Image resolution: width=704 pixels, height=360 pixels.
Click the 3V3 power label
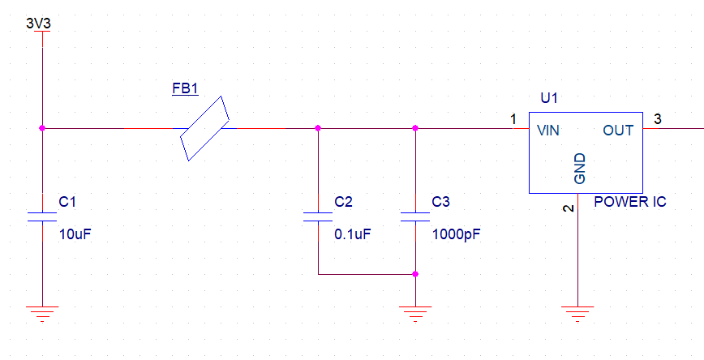(x=38, y=24)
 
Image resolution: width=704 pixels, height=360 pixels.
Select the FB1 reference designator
(x=185, y=88)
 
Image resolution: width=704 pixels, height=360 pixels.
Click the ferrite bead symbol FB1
(x=204, y=128)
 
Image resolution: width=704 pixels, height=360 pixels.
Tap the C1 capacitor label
(x=67, y=202)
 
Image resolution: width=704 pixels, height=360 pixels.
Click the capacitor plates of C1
(x=42, y=216)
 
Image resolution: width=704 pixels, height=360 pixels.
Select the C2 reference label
(x=343, y=202)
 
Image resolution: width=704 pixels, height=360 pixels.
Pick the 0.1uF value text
(x=354, y=234)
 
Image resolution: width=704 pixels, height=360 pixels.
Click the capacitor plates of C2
(x=318, y=216)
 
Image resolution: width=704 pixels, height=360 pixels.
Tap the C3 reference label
(x=440, y=202)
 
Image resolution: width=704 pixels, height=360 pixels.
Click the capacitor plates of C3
(x=415, y=216)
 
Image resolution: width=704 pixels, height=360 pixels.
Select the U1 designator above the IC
(x=550, y=98)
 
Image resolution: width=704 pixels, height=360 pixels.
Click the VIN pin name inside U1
(x=547, y=131)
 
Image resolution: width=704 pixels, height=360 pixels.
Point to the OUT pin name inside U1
(x=618, y=131)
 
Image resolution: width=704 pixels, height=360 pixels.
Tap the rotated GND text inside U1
(x=580, y=169)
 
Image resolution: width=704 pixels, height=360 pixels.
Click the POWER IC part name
(x=630, y=202)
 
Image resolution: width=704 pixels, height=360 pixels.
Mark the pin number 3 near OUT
(x=657, y=119)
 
